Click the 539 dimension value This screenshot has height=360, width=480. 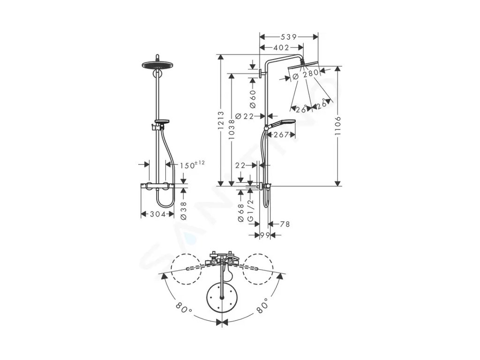coord(288,37)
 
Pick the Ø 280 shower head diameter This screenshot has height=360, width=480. coord(306,73)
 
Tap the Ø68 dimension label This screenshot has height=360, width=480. coord(240,212)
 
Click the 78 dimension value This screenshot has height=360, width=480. coord(284,224)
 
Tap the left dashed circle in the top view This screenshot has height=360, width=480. coord(187,269)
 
